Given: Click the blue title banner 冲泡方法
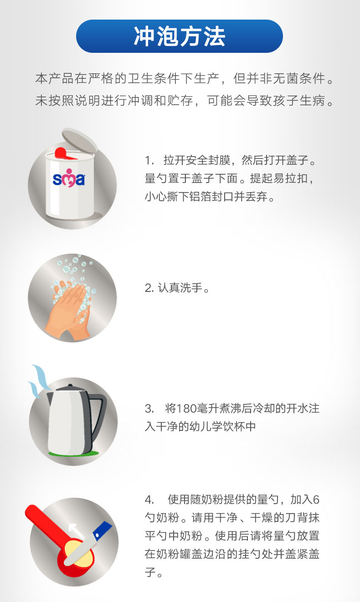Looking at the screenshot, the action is (x=180, y=36).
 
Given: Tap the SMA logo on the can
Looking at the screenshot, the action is (x=68, y=178).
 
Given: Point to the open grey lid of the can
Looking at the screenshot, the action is (x=80, y=141).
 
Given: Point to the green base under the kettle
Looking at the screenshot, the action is (x=73, y=454).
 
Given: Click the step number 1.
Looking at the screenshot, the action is (x=148, y=160).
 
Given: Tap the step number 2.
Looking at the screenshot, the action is (x=149, y=288).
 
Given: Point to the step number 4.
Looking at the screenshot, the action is (x=149, y=500).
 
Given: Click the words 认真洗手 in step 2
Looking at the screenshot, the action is (x=180, y=288).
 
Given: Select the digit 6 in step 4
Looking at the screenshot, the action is (x=316, y=500).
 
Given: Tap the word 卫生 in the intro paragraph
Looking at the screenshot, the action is (x=141, y=78).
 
